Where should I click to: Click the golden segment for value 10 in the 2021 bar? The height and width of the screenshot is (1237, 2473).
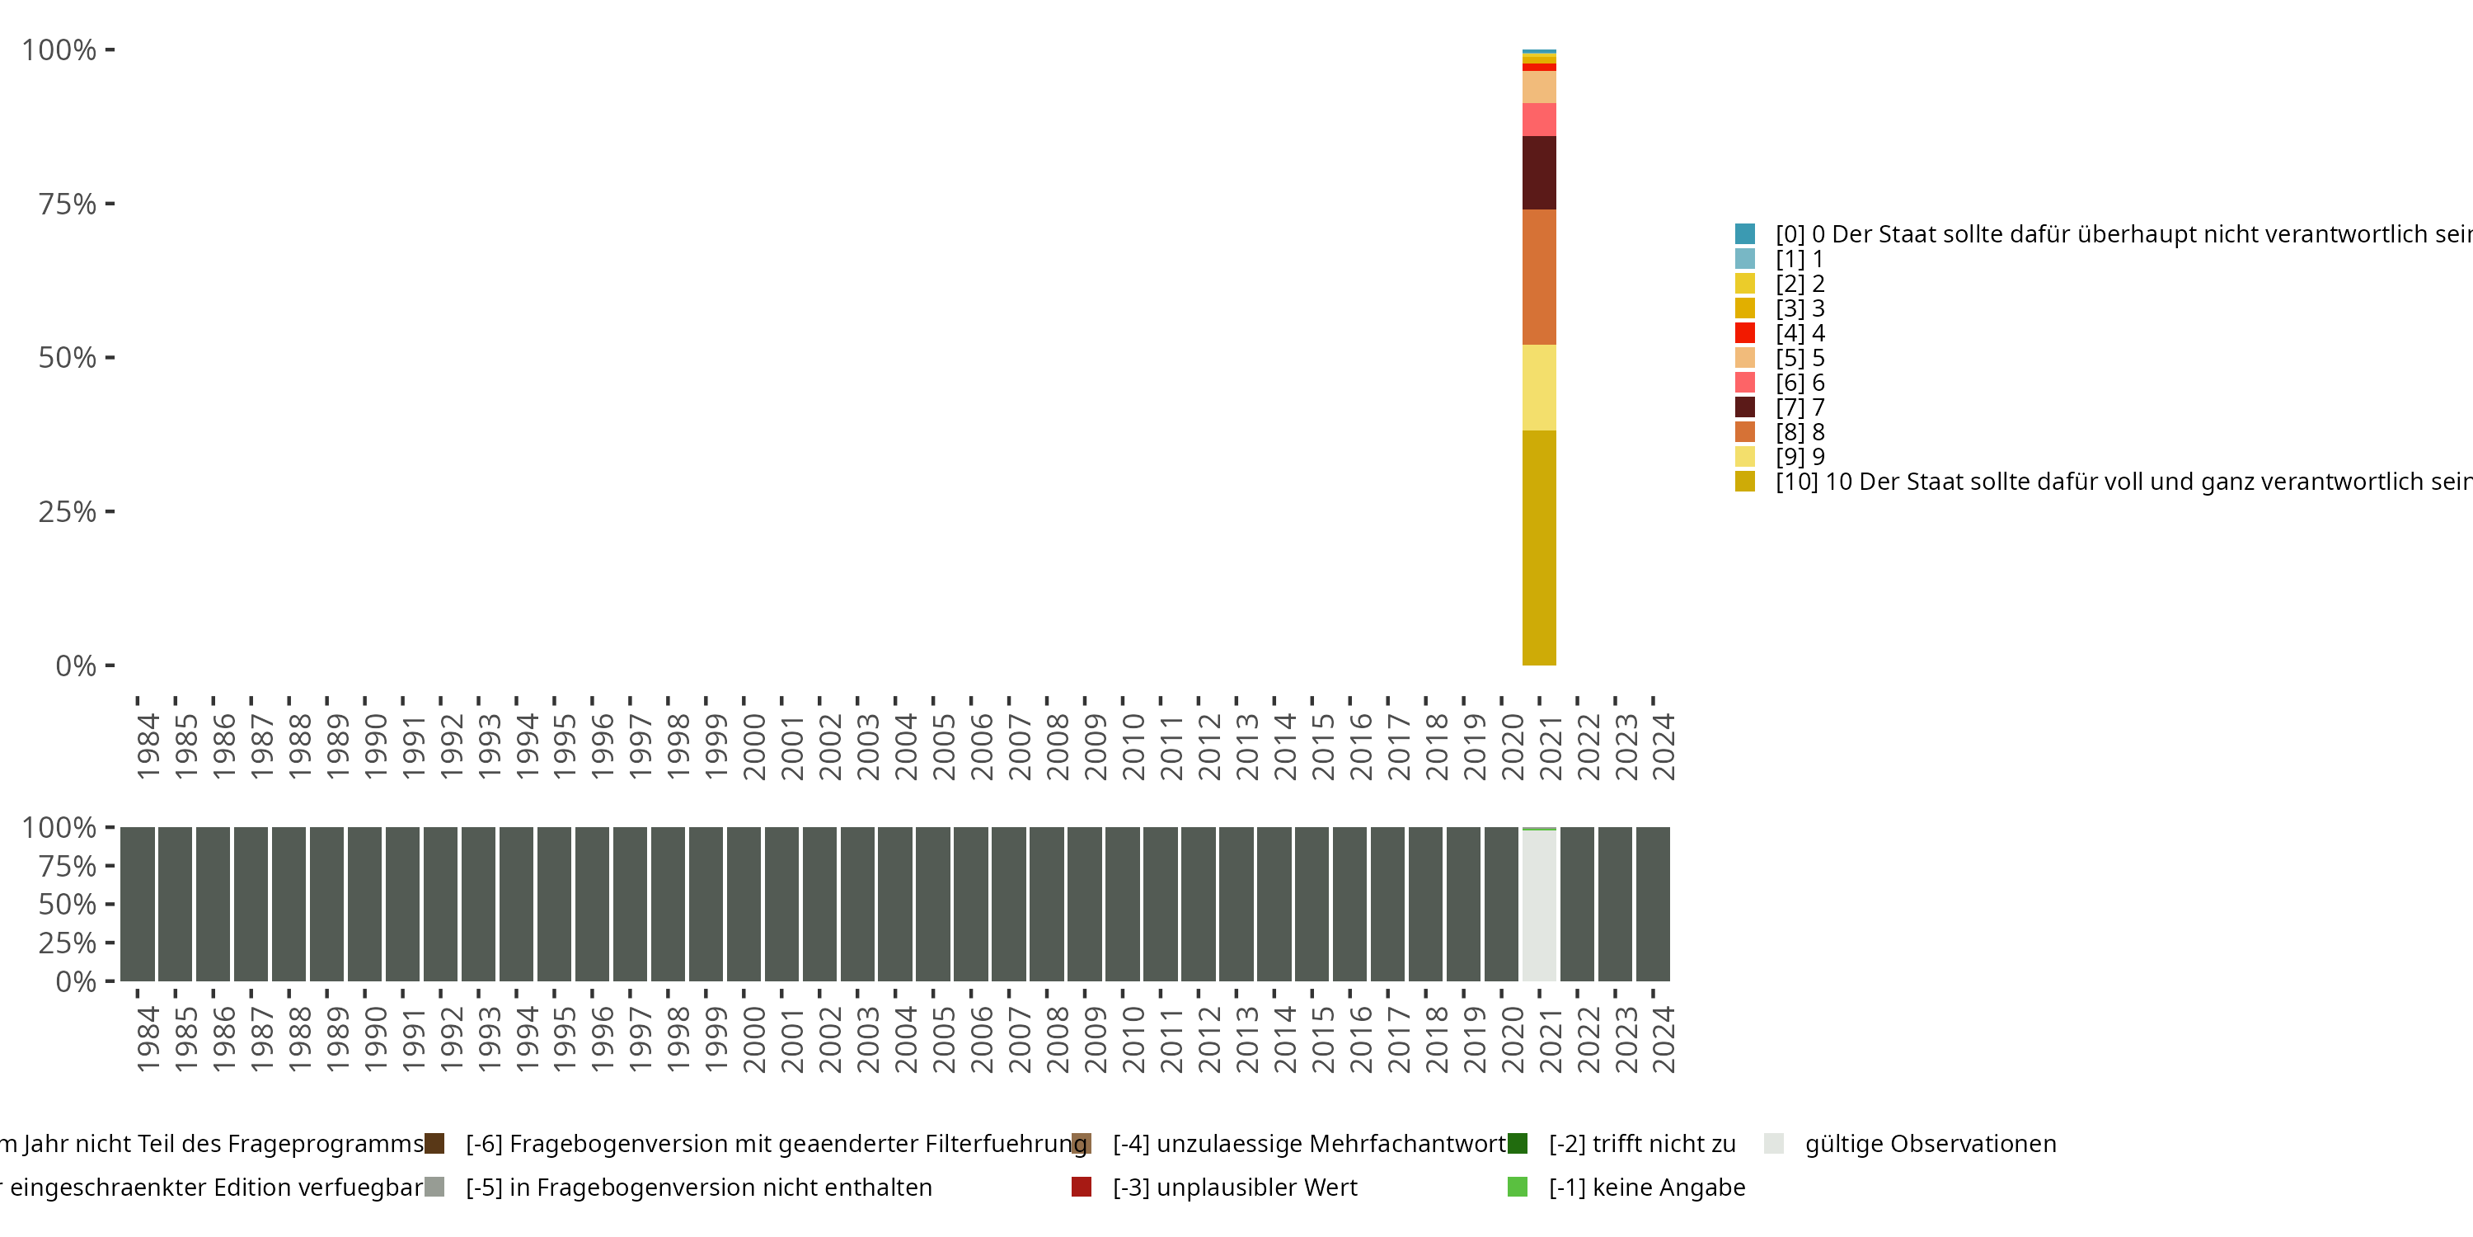pos(1539,548)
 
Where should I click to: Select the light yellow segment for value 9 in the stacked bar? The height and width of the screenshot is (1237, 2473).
pos(1539,387)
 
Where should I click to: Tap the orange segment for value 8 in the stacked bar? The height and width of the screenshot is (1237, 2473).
pos(1539,276)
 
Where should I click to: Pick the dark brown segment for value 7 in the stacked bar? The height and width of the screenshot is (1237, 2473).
pos(1539,173)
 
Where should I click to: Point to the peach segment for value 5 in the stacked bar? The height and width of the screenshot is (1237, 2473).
pos(1539,87)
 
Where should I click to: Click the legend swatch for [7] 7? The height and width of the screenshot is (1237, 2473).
pos(1744,407)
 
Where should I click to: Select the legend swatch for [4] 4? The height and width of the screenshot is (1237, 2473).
pos(1744,333)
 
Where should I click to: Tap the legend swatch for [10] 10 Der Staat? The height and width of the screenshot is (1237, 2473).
pos(1744,481)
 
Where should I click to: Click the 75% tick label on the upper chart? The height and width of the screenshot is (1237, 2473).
pos(68,204)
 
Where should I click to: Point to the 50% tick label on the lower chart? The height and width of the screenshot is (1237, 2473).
pos(68,905)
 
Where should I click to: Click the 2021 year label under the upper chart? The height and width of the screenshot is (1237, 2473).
pos(1551,747)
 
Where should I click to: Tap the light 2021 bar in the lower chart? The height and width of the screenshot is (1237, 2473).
pos(1539,905)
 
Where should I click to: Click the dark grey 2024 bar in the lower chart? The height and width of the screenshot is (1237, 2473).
pos(1653,905)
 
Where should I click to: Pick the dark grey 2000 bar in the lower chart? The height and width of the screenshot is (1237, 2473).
pos(743,905)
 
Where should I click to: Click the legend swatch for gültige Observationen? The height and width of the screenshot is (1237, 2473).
pos(1774,1144)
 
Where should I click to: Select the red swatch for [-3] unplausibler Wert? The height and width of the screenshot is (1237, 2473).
pos(1081,1187)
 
